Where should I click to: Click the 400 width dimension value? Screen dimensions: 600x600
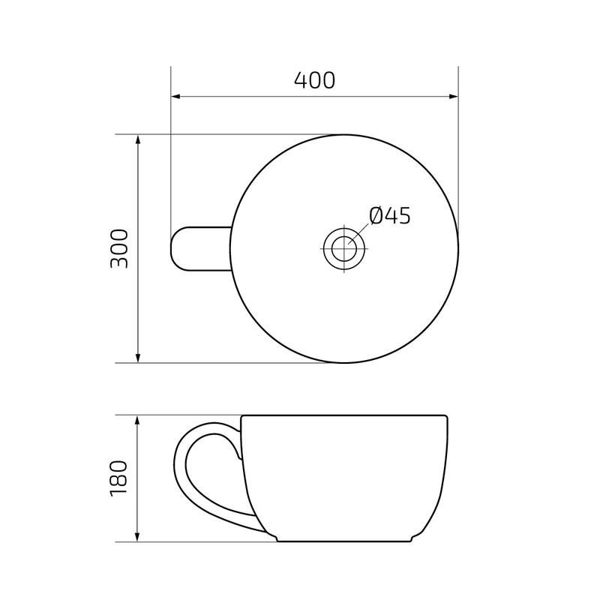point(314,80)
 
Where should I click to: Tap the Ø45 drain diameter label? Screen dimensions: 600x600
point(391,216)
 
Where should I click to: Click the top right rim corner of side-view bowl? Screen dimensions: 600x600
point(445,417)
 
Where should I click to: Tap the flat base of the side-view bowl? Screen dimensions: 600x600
point(344,540)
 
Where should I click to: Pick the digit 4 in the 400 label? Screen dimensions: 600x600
point(301,80)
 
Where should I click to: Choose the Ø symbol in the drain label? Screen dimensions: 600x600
point(377,216)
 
